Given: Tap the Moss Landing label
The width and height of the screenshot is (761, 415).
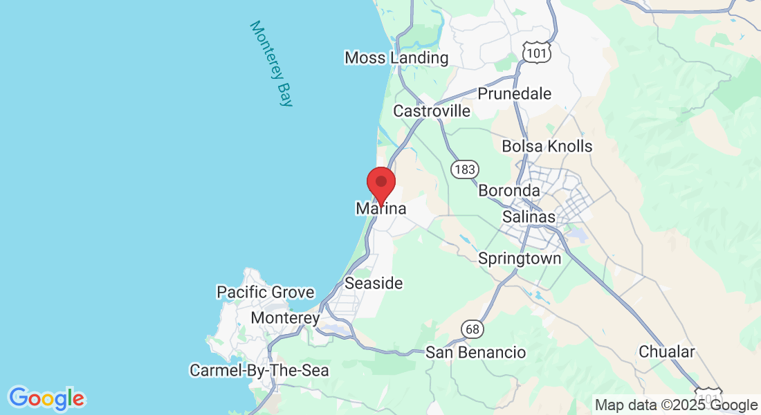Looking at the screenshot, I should point(396,58).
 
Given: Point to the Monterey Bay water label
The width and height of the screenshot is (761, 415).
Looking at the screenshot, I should point(271,64).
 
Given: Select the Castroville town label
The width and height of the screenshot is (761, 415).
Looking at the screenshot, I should point(432,111).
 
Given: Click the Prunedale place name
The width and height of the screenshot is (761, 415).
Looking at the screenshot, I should point(515,93).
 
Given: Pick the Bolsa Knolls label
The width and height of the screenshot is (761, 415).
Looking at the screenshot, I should point(547,146).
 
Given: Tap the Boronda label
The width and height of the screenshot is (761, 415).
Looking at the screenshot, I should point(508,190).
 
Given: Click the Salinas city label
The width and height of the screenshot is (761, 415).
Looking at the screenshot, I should point(529,216).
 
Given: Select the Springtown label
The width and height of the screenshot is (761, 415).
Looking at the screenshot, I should point(520,259).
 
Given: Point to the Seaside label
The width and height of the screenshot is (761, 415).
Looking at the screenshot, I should point(374,283).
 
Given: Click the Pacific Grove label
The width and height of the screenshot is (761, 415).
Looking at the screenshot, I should point(266,293).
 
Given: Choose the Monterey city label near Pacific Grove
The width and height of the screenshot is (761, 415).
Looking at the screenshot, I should point(285,318).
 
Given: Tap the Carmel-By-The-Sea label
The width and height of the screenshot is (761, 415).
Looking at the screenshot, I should point(259,371).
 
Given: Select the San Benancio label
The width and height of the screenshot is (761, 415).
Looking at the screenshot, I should point(475,353).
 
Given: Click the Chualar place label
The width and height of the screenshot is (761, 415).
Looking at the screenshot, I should point(666,351).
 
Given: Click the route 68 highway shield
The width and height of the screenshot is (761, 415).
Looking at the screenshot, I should point(473,329).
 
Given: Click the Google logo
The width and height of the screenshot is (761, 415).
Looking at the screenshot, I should point(46,398).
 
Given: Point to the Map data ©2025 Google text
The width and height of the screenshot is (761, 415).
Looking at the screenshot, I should point(677,405).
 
